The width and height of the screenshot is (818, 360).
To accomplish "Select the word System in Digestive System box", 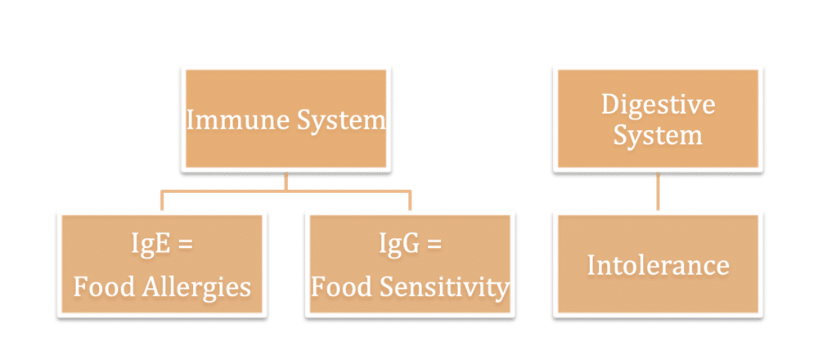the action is point(658,135).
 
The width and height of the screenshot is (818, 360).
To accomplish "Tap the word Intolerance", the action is point(658,265).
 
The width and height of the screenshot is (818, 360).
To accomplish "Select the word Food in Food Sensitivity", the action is point(345,287).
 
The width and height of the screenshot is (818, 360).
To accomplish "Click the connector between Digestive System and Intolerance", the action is point(658,191).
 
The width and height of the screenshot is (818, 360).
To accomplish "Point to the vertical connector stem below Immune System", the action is point(285,182).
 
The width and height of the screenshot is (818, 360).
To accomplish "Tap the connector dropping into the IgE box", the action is point(162,201).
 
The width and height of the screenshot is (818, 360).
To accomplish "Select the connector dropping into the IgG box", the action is point(410,201).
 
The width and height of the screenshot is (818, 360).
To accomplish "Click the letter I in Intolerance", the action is point(591,265).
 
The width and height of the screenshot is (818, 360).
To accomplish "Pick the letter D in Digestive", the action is point(610,105).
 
